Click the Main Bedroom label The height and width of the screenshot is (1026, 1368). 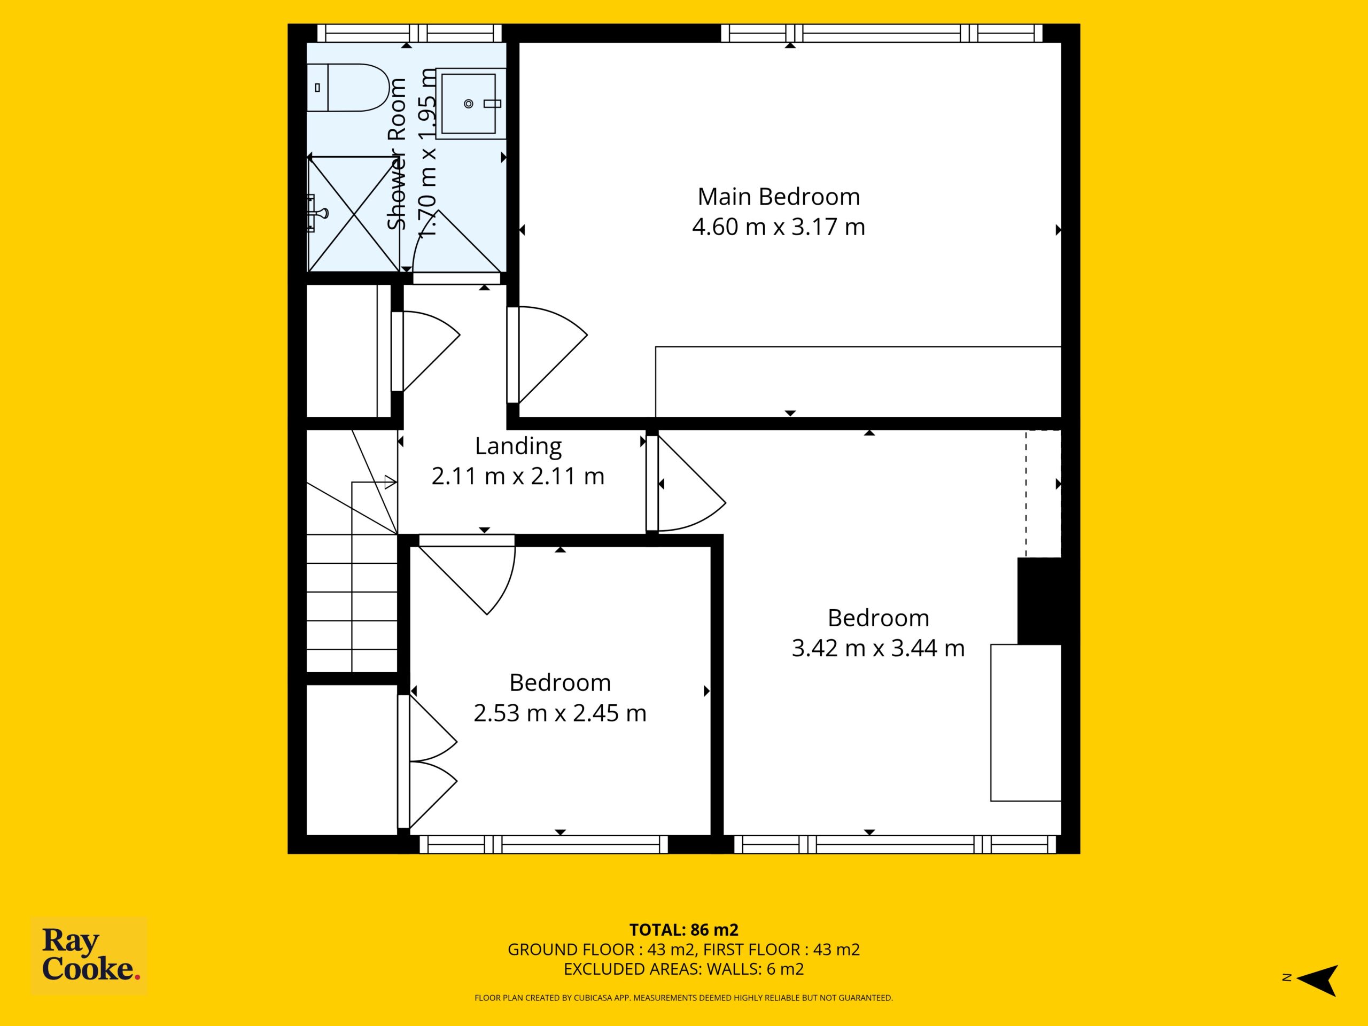point(779,197)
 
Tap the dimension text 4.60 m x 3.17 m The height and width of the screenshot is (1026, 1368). point(779,227)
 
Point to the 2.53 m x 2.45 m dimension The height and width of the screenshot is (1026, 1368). point(559,713)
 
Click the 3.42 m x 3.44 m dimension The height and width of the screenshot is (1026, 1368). point(878,648)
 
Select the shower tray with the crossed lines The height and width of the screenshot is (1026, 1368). point(354,214)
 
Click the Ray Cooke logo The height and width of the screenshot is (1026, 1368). point(89,955)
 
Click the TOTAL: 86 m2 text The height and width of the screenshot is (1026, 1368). point(683,929)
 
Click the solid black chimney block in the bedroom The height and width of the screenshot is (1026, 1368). point(1039,601)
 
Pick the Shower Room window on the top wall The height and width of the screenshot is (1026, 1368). point(409,33)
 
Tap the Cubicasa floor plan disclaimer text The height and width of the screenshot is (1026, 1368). point(683,998)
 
